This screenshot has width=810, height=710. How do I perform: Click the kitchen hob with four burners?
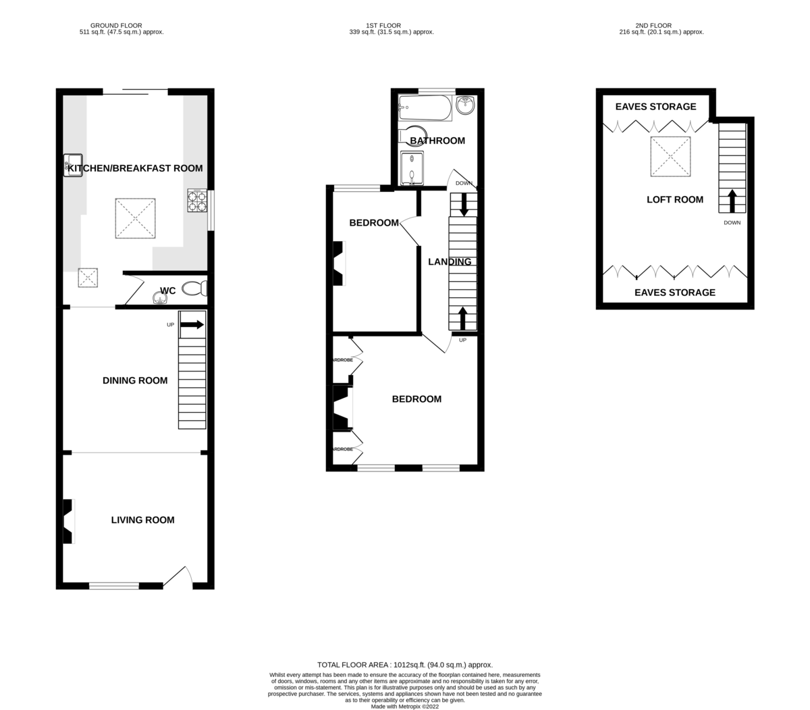196,201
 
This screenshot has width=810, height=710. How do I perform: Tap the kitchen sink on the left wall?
72,166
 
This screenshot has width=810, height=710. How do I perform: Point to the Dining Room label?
135,380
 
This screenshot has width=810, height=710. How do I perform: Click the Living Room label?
142,519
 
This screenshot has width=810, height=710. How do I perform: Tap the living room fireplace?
67,521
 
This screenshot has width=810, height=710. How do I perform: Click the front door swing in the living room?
178,575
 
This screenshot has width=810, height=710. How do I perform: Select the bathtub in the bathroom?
425,107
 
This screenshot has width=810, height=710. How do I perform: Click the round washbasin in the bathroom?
465,105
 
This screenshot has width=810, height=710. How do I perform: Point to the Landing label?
450,261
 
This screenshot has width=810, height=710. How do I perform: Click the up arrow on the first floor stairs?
462,318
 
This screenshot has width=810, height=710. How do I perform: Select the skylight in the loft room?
670,157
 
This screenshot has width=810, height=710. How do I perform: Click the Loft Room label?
675,199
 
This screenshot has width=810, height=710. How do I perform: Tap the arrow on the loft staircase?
732,201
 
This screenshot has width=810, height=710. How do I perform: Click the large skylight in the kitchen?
135,218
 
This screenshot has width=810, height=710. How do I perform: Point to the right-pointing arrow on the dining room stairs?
192,324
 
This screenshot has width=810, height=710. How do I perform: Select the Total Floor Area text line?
410,665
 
